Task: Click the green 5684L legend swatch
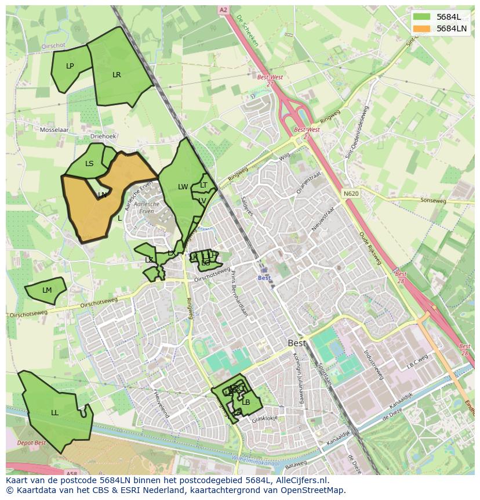pos(422,17)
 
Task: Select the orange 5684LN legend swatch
pos(422,28)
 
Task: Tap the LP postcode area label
pos(70,66)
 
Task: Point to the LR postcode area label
pos(117,75)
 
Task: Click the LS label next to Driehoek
pos(89,164)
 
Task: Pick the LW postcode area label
pos(183,187)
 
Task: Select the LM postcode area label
pos(47,290)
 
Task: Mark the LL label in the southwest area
pos(54,413)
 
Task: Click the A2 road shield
pos(223,10)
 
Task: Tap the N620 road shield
pos(350,194)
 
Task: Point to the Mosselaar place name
pos(54,130)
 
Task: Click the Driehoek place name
pos(104,136)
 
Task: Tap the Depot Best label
pos(31,443)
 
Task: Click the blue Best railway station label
pos(264,278)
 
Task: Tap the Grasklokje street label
pos(266,418)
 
